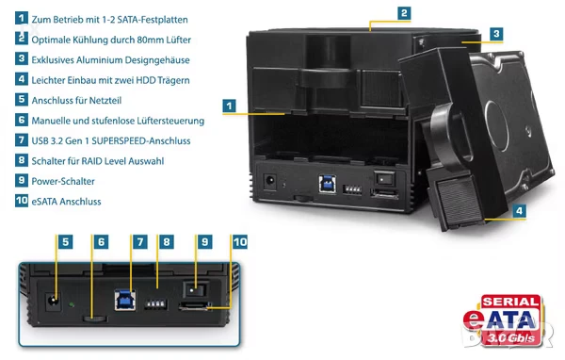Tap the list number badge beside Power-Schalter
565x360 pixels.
pos(21,180)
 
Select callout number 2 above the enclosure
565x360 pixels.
pos(404,13)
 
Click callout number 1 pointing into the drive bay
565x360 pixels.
pos(228,107)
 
